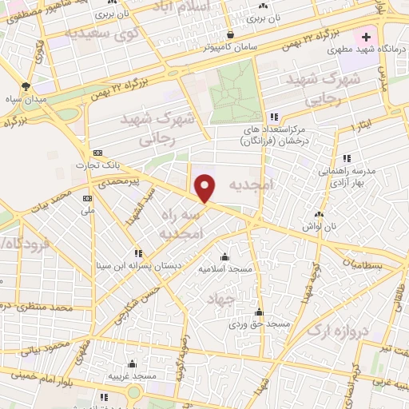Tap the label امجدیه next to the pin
pos(250,185)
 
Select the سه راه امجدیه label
pos(184,225)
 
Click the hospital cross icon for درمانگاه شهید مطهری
pos(367,37)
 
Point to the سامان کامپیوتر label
pos(231,47)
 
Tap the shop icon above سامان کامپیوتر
pos(231,34)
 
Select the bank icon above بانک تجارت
pos(97,153)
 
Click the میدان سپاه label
pos(26,98)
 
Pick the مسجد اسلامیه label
pos(224,269)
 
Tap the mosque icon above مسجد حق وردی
pos(258,312)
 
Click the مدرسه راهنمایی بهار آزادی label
pos(346,177)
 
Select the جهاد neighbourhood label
pos(224,299)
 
